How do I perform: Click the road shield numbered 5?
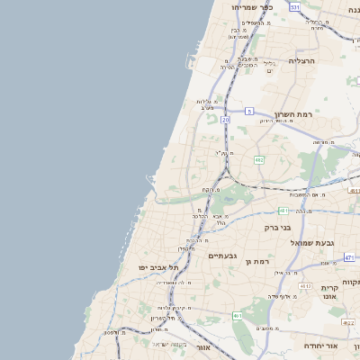(248, 111)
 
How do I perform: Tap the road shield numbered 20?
(225, 119)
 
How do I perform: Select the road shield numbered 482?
(259, 160)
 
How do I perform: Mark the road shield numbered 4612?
(305, 286)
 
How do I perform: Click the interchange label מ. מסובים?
(267, 328)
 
